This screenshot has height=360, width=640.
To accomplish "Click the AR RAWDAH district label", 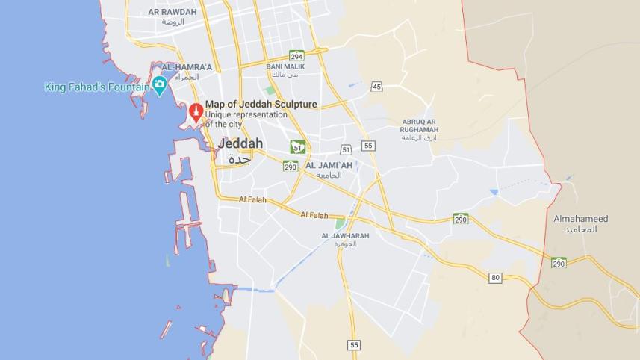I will [x=173, y=12].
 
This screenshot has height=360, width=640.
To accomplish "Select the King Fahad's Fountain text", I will [x=97, y=87].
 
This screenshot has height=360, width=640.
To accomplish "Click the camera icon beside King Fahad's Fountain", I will [x=159, y=87].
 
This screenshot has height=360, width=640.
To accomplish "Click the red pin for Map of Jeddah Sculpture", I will [x=196, y=112].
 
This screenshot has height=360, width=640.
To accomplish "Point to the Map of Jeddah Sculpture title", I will [x=261, y=105].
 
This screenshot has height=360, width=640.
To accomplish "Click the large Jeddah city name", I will [x=240, y=143].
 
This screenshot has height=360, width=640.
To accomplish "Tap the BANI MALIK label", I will [x=285, y=66].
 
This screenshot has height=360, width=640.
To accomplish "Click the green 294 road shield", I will [x=296, y=55].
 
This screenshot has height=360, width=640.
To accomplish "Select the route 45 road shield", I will [x=376, y=87].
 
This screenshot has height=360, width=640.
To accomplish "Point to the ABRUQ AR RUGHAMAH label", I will [x=420, y=125].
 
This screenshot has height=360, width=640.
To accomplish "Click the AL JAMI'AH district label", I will [x=329, y=165].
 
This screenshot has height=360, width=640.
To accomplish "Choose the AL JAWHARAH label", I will [x=345, y=236].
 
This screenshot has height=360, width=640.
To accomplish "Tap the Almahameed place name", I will [x=580, y=219].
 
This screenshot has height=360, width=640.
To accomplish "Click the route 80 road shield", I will [x=495, y=278].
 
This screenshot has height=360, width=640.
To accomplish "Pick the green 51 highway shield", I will [x=297, y=146].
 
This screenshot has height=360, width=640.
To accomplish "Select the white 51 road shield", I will [x=346, y=150].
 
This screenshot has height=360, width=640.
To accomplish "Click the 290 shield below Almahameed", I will [x=559, y=263].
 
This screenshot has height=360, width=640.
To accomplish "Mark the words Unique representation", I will [x=246, y=115].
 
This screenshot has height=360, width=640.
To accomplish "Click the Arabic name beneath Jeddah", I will [x=239, y=159].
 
